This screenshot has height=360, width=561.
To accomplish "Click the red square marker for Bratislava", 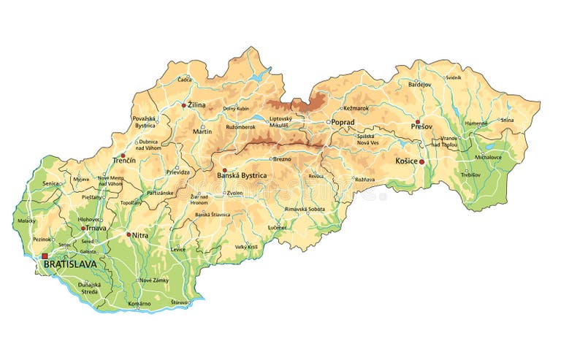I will coord(45,256).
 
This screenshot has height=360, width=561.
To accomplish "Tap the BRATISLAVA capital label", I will coord(70,264).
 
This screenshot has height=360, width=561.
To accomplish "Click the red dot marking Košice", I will coord(422,162).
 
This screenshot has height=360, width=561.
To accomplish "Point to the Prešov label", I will coord(421,127).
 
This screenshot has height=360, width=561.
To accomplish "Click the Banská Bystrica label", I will coord(242,176).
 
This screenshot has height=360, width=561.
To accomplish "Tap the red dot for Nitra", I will coord(129,234).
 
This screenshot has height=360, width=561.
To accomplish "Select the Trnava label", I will coord(96,228).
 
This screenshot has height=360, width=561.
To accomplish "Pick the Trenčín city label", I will coord(124,159).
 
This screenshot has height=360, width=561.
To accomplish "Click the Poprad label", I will coord(343,122).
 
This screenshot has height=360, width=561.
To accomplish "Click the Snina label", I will coord(507,120).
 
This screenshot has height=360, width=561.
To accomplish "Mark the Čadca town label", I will coord(184,80).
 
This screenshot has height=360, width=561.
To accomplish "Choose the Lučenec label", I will coord(277,228).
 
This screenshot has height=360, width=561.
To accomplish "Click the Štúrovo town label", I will coord(180,302).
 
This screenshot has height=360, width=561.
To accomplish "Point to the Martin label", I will coord(202,131).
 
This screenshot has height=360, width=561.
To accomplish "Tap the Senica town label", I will coord(51,183).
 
